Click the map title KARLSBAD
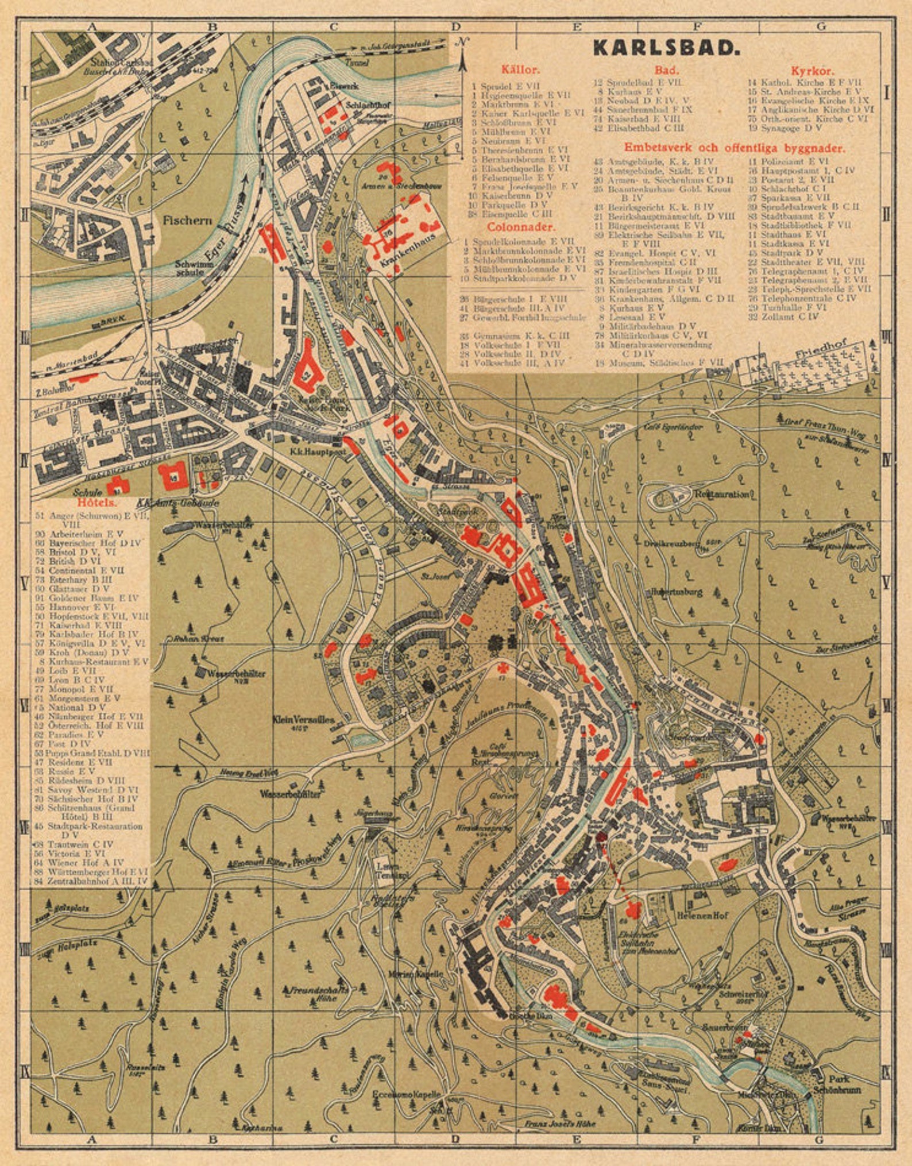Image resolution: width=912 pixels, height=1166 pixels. (x=666, y=48)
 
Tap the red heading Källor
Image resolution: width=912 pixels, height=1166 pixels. (x=520, y=71)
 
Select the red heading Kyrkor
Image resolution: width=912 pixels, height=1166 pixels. (x=812, y=71)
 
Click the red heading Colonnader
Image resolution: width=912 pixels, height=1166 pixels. (x=521, y=227)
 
